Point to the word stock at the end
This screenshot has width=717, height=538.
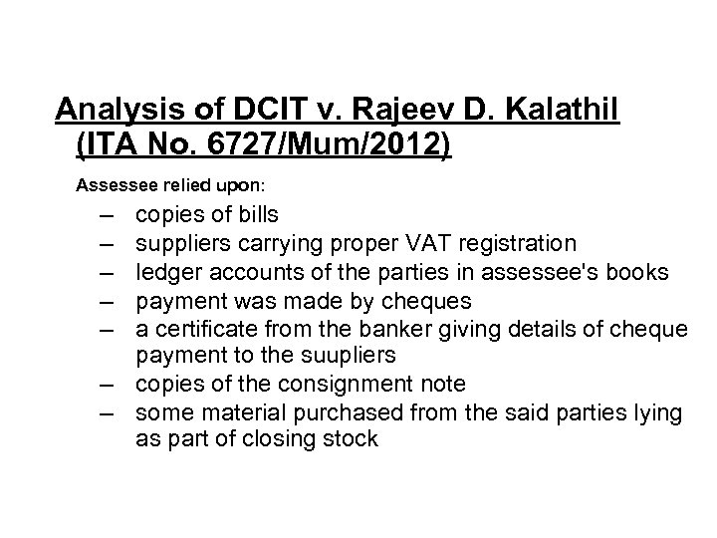click(x=351, y=439)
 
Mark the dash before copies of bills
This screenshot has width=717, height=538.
click(x=106, y=214)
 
